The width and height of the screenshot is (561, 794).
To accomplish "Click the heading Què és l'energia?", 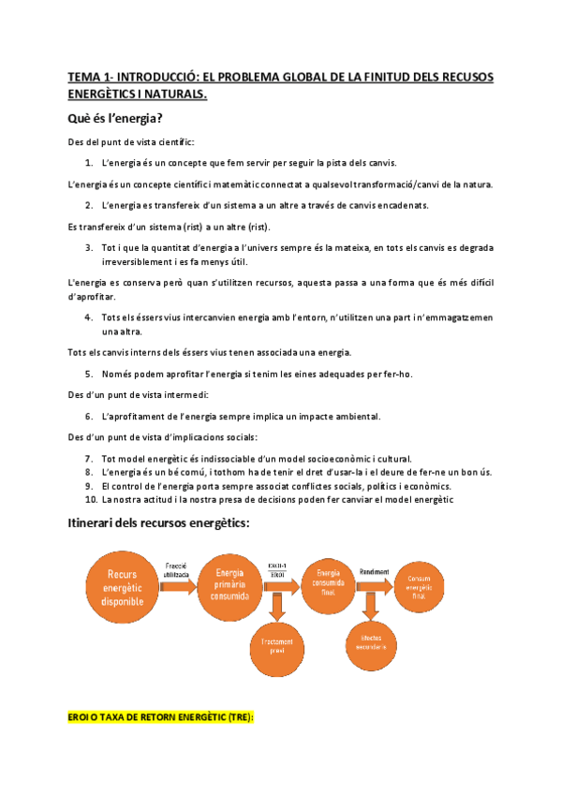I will point(115,119).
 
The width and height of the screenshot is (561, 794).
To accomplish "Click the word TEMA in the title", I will point(84,76).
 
